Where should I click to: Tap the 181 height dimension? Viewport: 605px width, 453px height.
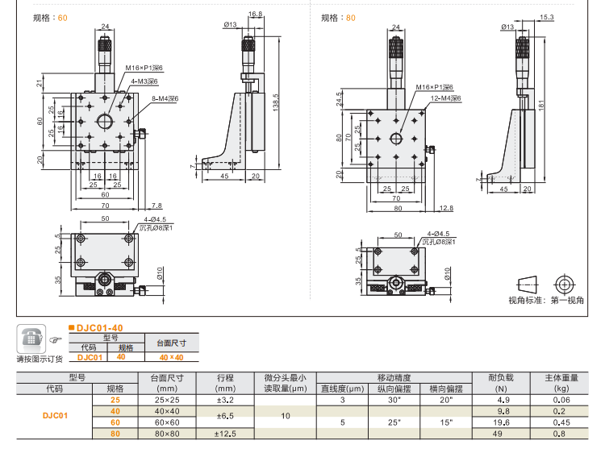[541, 103]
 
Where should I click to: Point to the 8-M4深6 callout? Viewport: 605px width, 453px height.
[165, 98]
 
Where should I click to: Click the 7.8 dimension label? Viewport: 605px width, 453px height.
[156, 205]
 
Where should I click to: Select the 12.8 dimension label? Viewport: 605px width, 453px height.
[447, 208]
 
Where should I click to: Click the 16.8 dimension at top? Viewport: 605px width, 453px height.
[255, 15]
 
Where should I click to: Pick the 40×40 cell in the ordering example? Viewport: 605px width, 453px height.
[170, 357]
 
